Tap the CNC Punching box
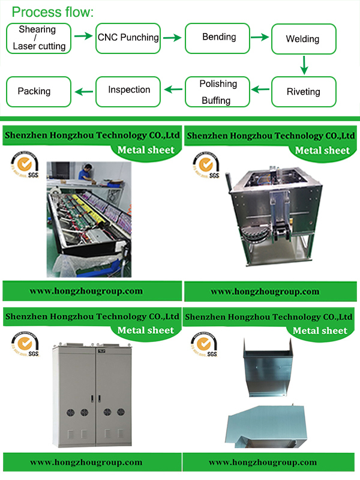pos(128,38)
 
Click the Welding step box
pos(302,40)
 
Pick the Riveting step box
pos(302,92)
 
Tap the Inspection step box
pos(128,90)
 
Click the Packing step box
pos(35,92)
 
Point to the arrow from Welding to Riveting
pos(304,65)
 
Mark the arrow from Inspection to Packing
pos(84,91)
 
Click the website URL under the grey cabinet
pos(86,463)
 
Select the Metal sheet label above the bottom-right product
pos(319,331)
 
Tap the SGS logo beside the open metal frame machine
pos(205,165)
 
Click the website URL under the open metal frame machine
pos(265,292)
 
